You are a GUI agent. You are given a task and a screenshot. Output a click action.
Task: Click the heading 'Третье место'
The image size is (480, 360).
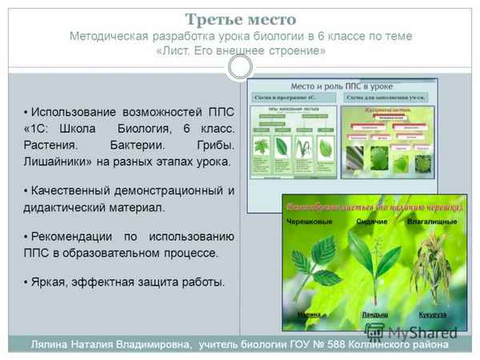(240, 18)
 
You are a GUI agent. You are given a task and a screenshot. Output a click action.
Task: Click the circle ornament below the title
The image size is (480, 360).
(240, 67)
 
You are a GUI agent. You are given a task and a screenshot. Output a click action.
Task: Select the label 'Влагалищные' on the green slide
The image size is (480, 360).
(432, 221)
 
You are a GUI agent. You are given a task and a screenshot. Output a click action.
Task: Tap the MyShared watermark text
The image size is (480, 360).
(424, 331)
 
